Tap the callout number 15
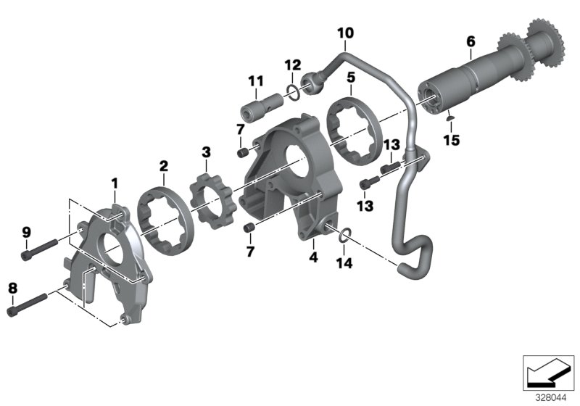[x=452, y=140]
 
